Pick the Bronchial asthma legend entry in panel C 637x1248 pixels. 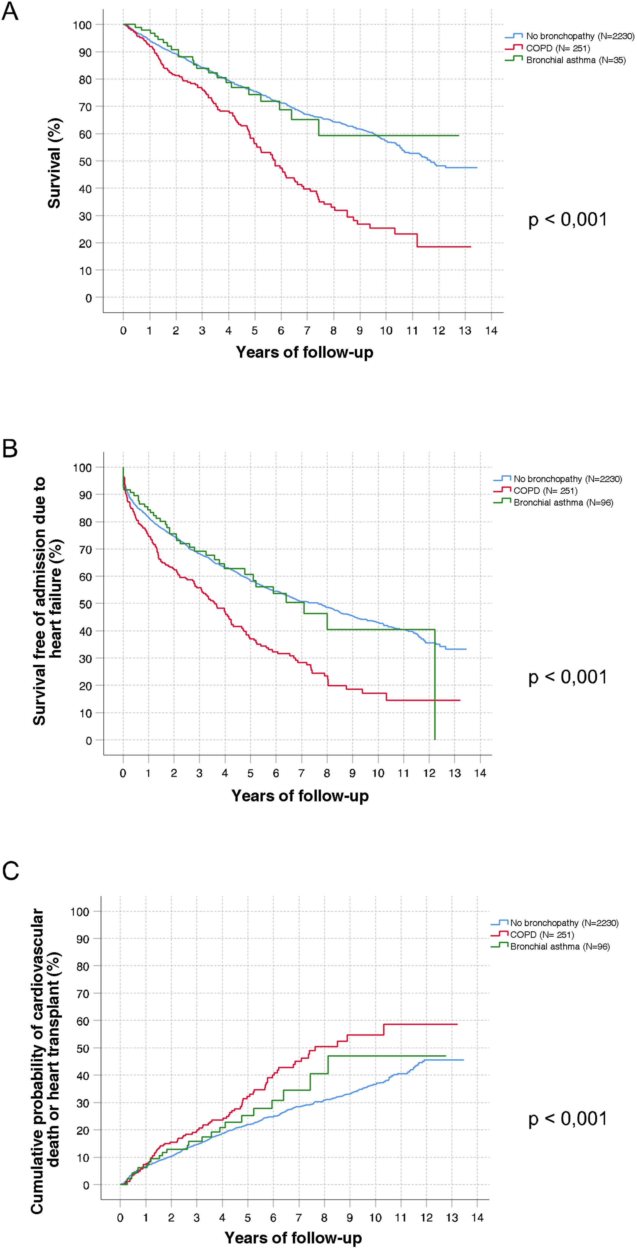[559, 946]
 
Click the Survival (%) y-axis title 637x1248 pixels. [54, 163]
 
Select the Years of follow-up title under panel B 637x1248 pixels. [300, 795]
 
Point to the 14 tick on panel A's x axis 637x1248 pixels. [491, 330]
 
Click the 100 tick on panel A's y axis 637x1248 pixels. [82, 25]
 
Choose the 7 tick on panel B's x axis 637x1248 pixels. [301, 774]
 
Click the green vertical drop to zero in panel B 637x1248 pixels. [435, 688]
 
